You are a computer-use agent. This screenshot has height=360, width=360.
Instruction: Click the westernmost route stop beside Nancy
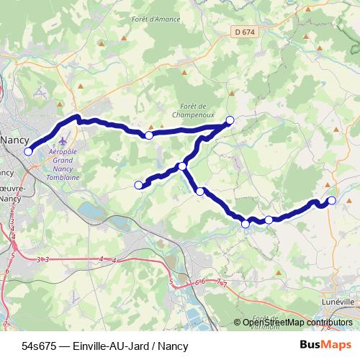click(29, 151)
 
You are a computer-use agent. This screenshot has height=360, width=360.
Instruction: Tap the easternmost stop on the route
click(332, 200)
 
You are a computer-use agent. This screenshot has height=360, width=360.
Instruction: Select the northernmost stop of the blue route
click(230, 120)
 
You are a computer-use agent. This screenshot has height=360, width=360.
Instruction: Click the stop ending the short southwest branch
click(139, 185)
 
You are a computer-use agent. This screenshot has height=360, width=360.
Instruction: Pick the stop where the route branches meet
click(183, 166)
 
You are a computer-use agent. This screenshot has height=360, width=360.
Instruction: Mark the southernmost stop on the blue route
click(246, 225)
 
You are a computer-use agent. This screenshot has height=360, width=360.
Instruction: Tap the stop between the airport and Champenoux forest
click(149, 135)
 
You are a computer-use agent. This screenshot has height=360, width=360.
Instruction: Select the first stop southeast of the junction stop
click(200, 192)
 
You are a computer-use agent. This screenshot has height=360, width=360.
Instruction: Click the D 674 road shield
click(245, 32)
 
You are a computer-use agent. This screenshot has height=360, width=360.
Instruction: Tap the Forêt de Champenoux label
click(190, 110)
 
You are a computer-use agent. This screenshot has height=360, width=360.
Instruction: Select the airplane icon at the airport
click(64, 141)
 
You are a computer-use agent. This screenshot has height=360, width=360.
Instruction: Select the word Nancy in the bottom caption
click(172, 346)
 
